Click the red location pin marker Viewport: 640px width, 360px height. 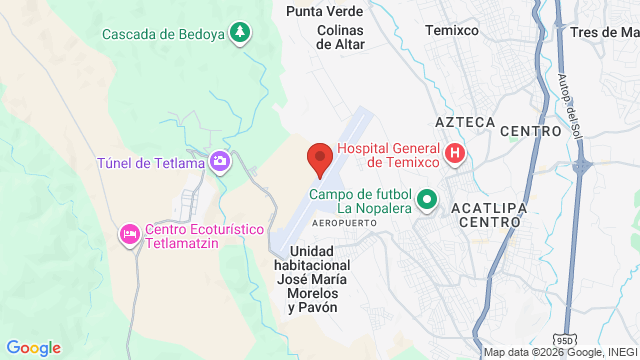coord(319,158)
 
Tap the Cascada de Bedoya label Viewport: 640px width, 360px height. coord(164,33)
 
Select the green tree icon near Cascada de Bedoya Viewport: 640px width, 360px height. coord(239,33)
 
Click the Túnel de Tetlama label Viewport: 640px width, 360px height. coord(151,162)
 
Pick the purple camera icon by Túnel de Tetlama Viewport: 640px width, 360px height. coord(220,161)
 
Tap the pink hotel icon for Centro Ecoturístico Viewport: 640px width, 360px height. coord(129,234)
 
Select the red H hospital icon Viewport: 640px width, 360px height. coord(455,153)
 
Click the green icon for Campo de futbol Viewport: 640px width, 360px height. coord(427,199)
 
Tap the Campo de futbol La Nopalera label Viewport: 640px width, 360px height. coord(361,201)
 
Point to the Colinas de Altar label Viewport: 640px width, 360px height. coord(327,36)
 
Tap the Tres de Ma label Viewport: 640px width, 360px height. coord(603,31)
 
